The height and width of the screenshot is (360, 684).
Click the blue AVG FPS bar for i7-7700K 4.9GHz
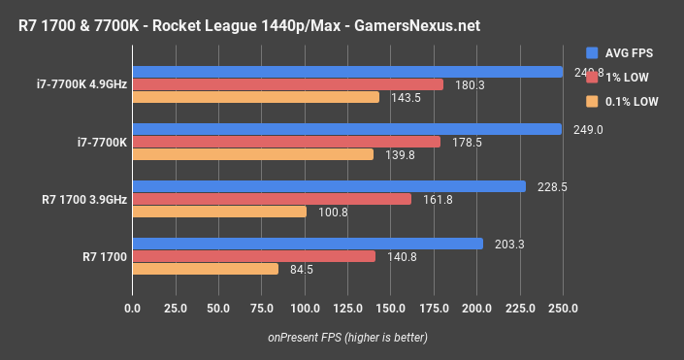coord(347,72)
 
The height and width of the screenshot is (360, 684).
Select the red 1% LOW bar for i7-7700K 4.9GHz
coord(287,84)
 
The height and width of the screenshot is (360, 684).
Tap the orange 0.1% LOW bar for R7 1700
coord(205,269)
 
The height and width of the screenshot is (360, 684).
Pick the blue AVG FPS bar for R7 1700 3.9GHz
coord(329,186)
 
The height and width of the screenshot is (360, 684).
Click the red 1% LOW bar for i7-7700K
coord(286,142)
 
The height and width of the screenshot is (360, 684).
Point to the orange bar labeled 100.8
coord(219,212)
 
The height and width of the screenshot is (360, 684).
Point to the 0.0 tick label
coord(133,309)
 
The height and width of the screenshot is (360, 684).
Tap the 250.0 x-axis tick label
coord(563,309)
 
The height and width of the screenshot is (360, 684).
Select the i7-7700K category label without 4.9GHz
coord(102,142)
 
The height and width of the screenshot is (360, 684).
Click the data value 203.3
coord(508,244)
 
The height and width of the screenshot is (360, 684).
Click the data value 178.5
coord(464,142)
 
